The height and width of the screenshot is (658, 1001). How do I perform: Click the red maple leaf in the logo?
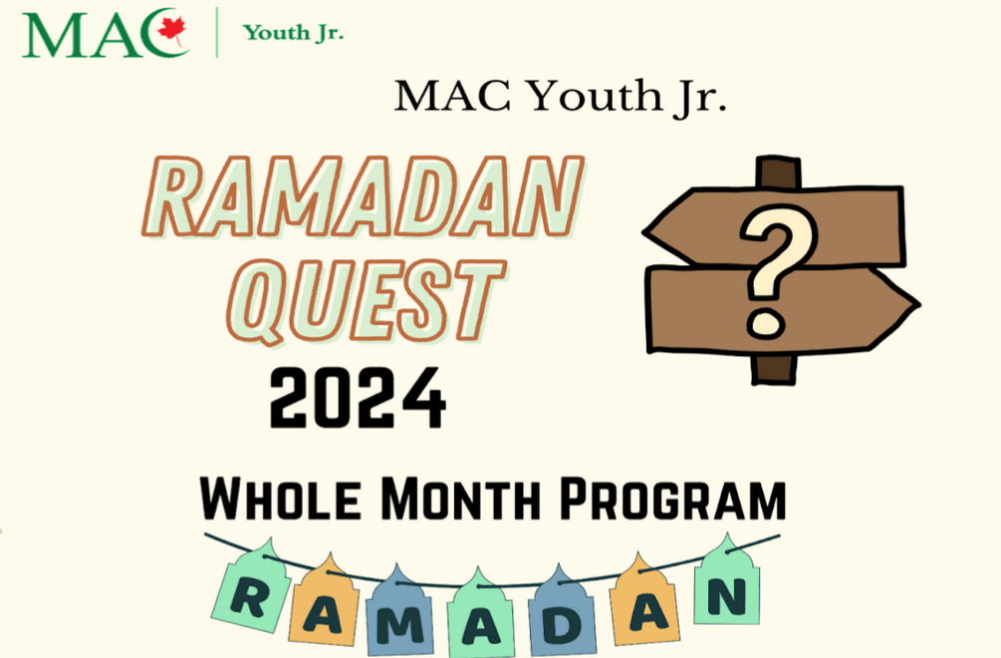coord(171,30)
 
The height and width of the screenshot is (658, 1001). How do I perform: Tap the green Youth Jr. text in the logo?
coord(293,33)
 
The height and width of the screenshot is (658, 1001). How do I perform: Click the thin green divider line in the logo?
coord(217,32)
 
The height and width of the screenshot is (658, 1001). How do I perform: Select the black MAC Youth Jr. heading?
coord(561,97)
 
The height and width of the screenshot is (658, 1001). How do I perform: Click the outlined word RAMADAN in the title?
coord(363,196)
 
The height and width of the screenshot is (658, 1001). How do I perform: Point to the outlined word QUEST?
coord(366,300)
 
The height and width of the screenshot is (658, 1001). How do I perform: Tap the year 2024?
coord(357,398)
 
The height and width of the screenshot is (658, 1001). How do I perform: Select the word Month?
coord(460,498)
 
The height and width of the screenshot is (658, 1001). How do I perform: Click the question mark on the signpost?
coord(778,270)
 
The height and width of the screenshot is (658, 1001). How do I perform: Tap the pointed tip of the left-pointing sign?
coord(644,232)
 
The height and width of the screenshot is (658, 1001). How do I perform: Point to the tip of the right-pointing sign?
coord(919,305)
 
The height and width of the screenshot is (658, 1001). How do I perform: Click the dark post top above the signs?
coord(778,171)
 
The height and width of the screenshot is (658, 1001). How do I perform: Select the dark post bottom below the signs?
coord(774,369)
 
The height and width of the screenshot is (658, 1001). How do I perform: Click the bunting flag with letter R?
coord(253,588)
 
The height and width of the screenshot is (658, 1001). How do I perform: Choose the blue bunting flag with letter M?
coord(399,612)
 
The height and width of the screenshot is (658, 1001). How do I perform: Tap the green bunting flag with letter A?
coord(480,615)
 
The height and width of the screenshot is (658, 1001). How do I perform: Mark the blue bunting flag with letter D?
coord(562,612)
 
